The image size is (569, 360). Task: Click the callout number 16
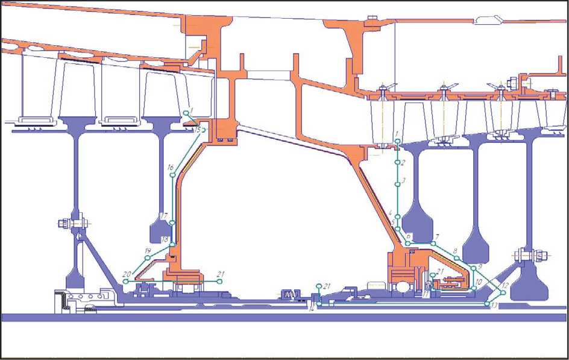coord(171,167)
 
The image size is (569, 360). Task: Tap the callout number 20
coord(127,274)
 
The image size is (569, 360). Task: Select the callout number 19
coord(148,250)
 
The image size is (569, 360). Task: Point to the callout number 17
coord(164,215)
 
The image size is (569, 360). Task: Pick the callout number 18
coord(165,239)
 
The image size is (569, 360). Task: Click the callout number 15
coord(197,129)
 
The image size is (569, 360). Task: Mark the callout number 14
coord(312,309)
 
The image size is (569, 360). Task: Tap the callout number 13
coord(494,306)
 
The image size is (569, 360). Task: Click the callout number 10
coord(479,282)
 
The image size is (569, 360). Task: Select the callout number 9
coord(480,266)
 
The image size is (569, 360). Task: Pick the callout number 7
coord(437,236)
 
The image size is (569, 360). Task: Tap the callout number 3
coord(404,180)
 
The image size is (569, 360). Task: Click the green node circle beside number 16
coord(173,175)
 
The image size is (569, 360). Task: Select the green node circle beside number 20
coord(125,282)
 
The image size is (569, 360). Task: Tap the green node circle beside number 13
coord(487,304)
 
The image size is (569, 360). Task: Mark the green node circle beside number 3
coord(397,185)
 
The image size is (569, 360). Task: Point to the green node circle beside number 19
coord(147,258)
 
